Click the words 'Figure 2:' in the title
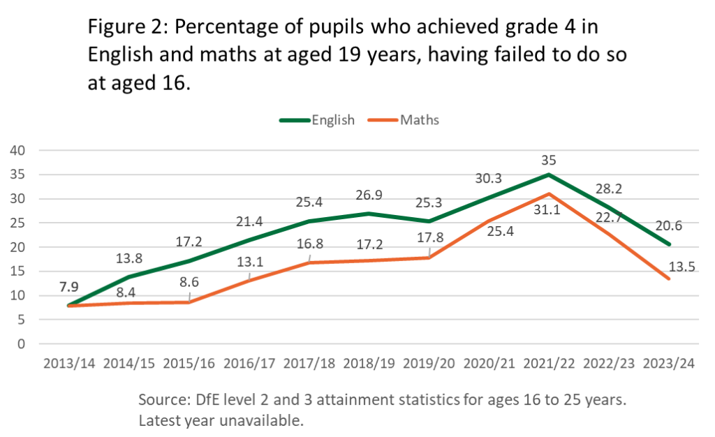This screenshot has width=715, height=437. tap(127, 29)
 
